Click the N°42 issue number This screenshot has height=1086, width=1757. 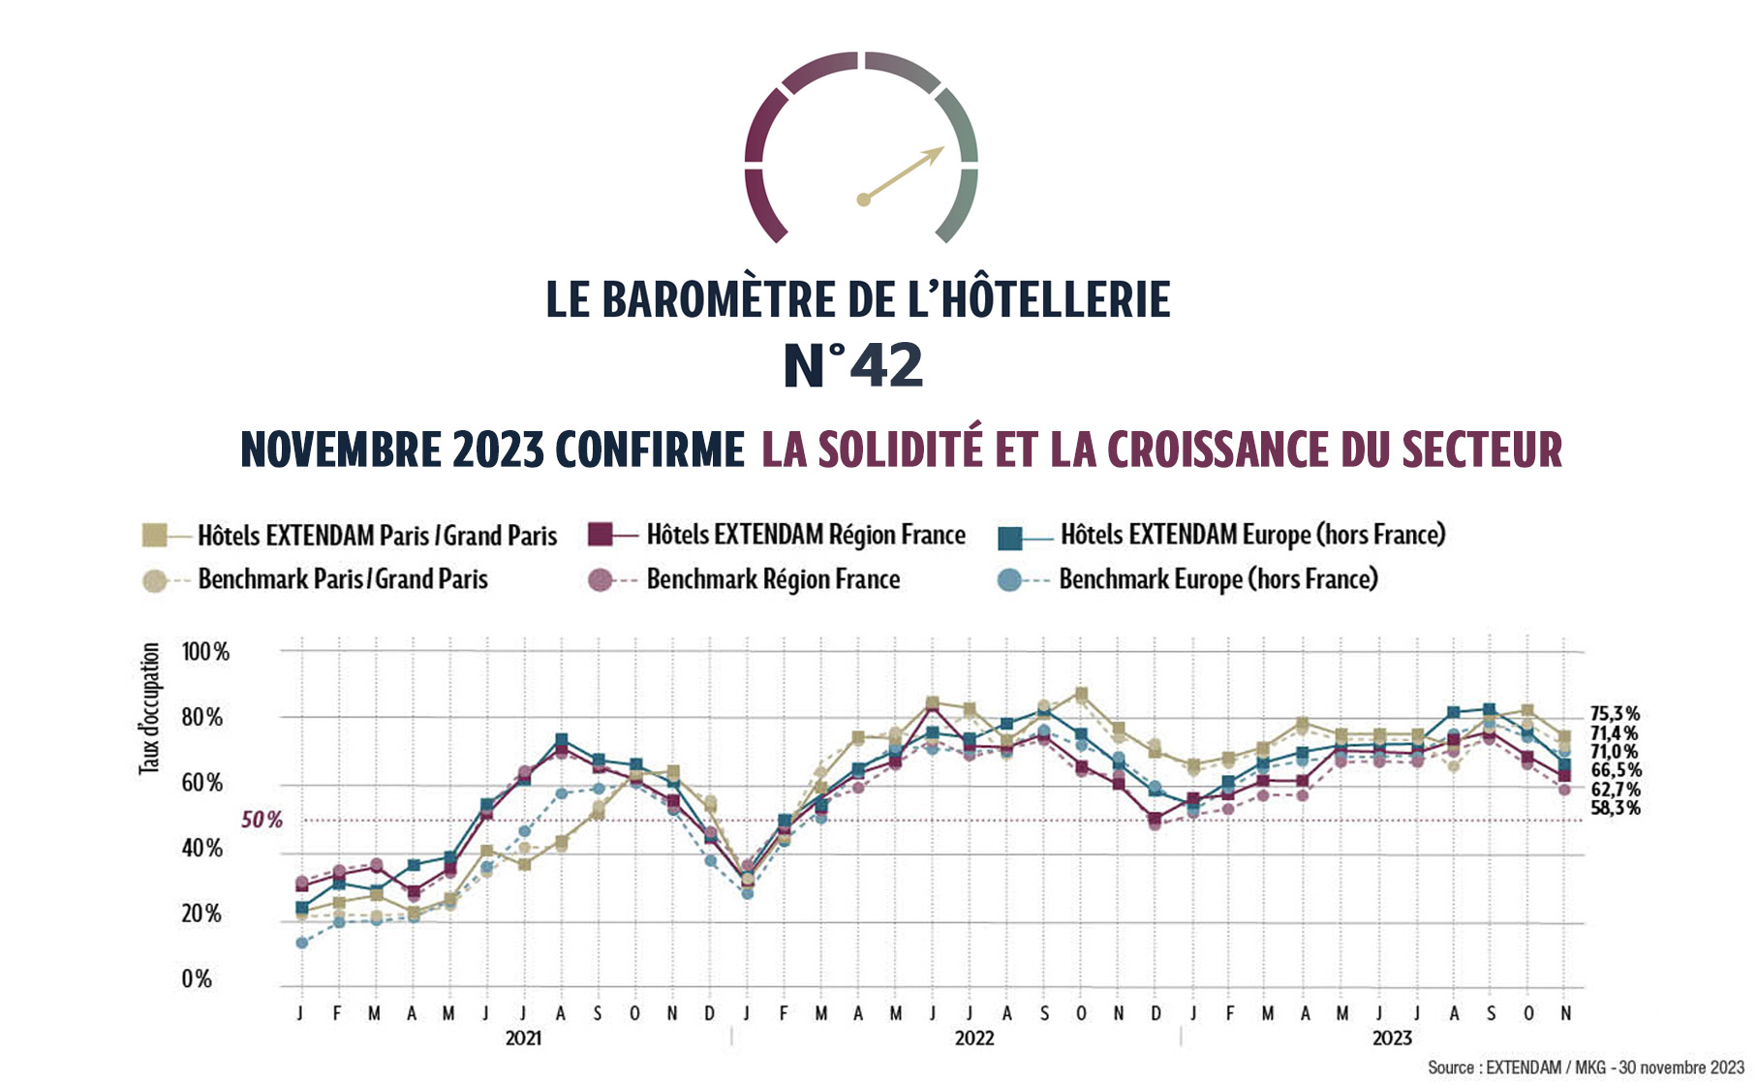(852, 366)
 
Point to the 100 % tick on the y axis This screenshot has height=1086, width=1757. (205, 652)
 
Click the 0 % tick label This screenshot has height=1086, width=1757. (197, 979)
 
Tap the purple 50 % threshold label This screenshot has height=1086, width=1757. (262, 821)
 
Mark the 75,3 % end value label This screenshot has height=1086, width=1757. (1615, 715)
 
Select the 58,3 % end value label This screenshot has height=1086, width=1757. (1615, 808)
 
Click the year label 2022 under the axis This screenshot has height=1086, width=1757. (973, 1039)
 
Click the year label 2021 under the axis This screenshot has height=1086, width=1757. (523, 1039)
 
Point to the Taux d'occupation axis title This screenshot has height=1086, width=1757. (149, 708)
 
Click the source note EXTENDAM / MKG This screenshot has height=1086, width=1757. (1585, 1068)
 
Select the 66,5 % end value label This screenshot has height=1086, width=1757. (1615, 771)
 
